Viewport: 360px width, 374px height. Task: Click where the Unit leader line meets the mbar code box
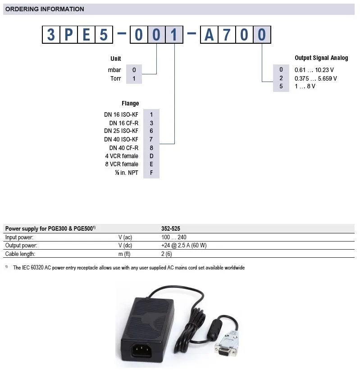coord(142,74)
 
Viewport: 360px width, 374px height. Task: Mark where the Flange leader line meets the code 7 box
coord(159,144)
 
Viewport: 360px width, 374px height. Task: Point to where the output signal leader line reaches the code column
coord(273,82)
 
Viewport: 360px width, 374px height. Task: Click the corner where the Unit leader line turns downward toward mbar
coord(156,74)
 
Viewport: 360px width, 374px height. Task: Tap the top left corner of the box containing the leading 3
coord(42,26)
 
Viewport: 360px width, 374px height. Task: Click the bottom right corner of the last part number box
coord(271,43)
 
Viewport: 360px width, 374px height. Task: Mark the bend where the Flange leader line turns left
coord(175,144)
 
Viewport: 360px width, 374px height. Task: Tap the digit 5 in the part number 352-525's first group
coord(166,228)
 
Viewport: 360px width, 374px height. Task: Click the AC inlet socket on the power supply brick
coord(142,351)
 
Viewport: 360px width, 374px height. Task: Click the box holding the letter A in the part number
coord(209,35)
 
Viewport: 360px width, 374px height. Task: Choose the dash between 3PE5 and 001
coord(122,33)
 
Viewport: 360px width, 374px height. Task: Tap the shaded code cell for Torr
coord(134,78)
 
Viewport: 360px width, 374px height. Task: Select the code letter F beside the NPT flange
coord(151,173)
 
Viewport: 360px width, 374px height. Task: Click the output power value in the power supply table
coord(184,246)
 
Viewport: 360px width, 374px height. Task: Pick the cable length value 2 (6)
coord(167,254)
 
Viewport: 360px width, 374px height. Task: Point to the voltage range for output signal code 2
coord(316,78)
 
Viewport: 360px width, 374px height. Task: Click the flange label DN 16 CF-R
coord(124,123)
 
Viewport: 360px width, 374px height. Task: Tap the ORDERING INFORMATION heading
coord(45,9)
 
